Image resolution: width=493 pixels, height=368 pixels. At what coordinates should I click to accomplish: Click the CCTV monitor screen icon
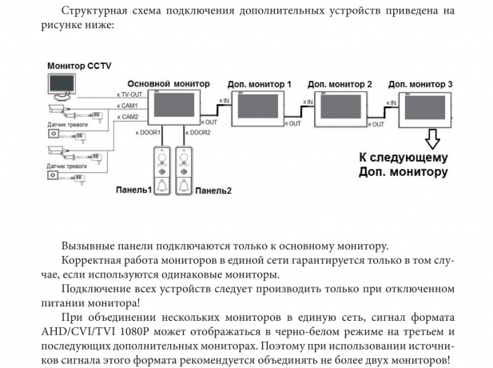(62, 83)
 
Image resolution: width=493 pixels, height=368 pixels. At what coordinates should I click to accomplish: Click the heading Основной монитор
(168, 84)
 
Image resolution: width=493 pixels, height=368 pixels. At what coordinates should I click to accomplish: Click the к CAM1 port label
(128, 106)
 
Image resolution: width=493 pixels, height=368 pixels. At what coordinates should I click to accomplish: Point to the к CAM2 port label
(128, 117)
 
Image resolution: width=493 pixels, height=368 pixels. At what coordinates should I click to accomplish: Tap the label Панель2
(213, 190)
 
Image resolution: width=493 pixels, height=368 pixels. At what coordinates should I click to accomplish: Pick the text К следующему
(403, 158)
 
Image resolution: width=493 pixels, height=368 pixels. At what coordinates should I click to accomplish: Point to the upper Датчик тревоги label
(67, 125)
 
